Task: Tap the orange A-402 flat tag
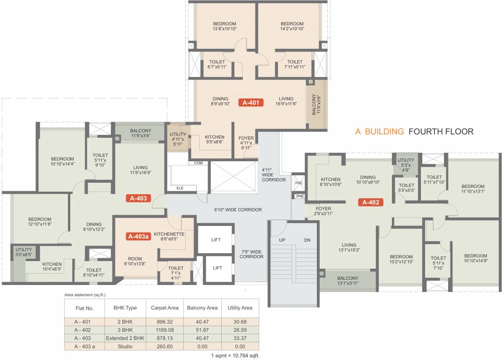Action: click(371, 202)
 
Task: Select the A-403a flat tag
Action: click(139, 237)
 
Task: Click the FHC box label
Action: click(299, 182)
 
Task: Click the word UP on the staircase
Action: click(282, 240)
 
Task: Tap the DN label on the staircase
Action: click(307, 240)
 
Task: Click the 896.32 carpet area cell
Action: click(165, 322)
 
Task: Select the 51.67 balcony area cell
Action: click(202, 330)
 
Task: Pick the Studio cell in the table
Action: click(125, 346)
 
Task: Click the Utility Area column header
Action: click(240, 308)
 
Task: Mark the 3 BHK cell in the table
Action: click(125, 330)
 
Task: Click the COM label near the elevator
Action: click(199, 163)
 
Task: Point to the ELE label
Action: click(180, 188)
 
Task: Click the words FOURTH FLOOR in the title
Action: click(441, 132)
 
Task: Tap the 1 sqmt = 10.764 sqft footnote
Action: click(234, 356)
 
